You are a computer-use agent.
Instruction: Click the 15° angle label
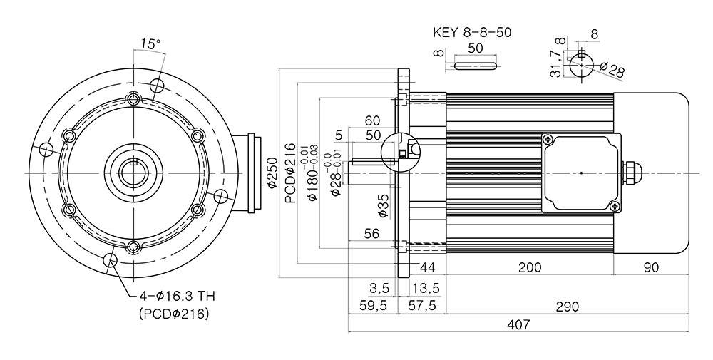coord(150,43)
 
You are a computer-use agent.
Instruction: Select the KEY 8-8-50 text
coord(472,33)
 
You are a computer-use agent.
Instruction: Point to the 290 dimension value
coord(568,307)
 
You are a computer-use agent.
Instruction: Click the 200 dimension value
coord(530,267)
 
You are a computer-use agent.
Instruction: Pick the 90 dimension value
coord(651,267)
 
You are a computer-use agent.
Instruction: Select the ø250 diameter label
coord(272,173)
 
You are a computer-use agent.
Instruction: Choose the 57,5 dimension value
coord(421,305)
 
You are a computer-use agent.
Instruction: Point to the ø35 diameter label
coord(384,205)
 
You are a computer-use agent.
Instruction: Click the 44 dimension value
coord(427,267)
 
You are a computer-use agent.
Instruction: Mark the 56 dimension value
coord(371,234)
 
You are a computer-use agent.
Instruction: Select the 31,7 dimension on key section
coord(555,63)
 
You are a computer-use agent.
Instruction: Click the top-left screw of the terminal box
coord(548,140)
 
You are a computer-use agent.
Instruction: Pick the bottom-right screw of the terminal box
coord(615,206)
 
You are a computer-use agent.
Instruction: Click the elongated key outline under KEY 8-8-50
coord(475,66)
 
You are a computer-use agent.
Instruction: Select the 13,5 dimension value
coord(425,288)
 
